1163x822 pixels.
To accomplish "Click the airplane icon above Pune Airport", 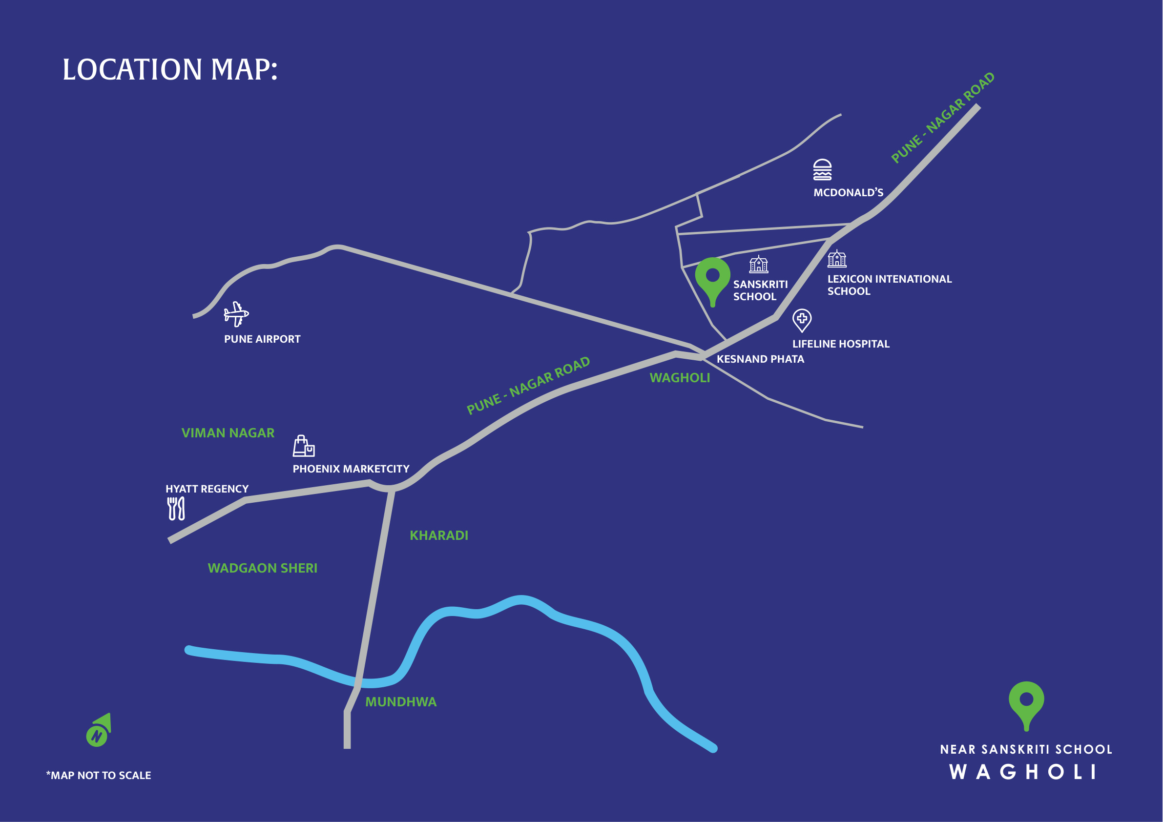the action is pos(236,314).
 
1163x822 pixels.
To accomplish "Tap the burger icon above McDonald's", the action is pos(822,170).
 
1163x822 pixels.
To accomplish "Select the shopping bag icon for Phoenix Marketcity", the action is pos(303,446).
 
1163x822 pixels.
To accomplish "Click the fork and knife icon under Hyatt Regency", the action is pos(176,508).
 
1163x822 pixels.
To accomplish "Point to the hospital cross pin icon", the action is pos(802,320).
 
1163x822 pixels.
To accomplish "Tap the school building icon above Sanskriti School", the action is pos(758,265).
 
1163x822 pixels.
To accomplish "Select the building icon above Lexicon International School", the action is pos(837,258).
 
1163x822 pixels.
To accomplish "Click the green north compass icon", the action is pos(99,730).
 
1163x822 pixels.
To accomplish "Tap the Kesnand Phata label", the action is pos(760,359).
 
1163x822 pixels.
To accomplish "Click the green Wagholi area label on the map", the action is pos(680,378).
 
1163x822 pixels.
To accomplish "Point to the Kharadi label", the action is pos(438,535).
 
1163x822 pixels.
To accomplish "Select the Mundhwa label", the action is pos(401,702).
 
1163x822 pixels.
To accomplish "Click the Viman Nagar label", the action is pos(228,433).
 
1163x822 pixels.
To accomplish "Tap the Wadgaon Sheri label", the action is pos(262,568).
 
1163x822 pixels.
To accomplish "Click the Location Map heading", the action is pos(170,69).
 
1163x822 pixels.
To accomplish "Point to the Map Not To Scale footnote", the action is pos(99,776).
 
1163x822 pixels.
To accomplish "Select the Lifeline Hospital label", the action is pos(841,344).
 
